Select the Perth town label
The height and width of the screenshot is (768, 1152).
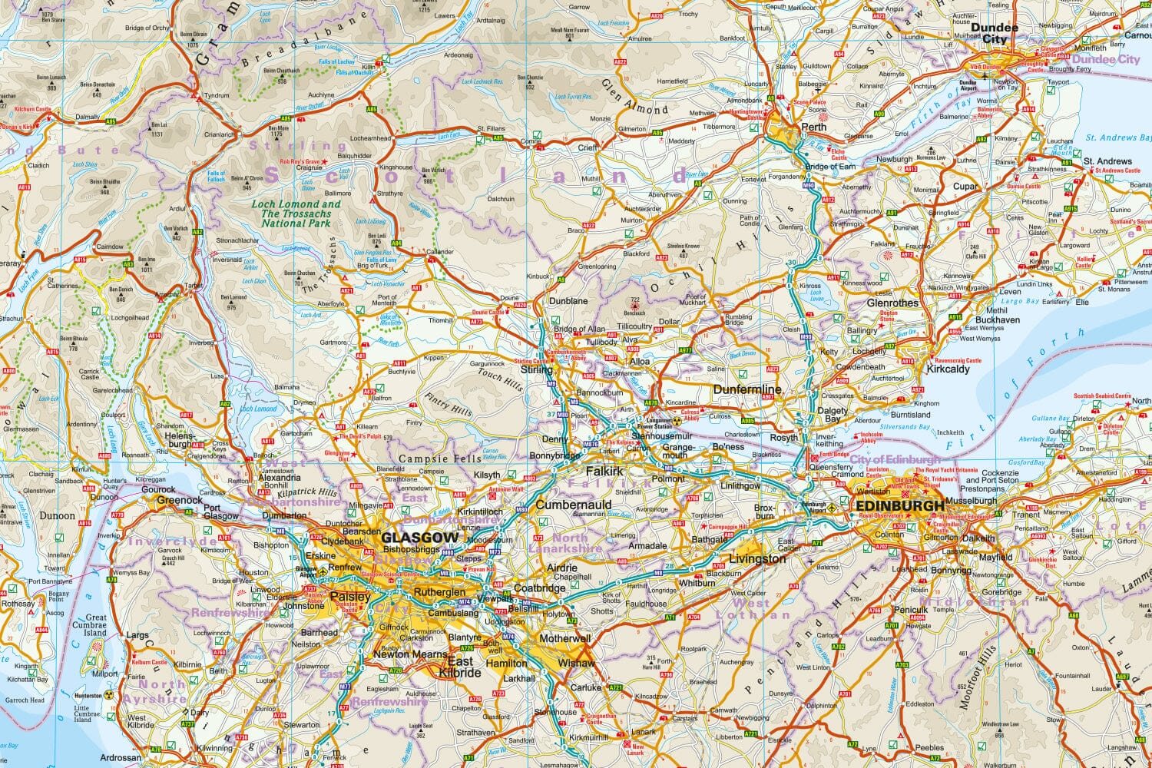(813, 127)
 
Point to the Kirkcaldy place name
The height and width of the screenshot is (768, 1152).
(948, 369)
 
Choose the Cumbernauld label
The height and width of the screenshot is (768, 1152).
(573, 505)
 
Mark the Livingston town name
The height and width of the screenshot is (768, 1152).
(757, 558)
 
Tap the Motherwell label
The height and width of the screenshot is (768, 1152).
(564, 638)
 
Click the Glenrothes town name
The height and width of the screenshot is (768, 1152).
(892, 303)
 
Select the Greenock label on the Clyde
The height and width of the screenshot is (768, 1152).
(180, 500)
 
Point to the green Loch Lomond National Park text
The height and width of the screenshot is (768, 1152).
(296, 214)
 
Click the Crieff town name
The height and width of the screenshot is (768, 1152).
(588, 147)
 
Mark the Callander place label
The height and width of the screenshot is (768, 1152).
(440, 251)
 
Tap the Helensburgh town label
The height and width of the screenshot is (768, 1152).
(179, 440)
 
